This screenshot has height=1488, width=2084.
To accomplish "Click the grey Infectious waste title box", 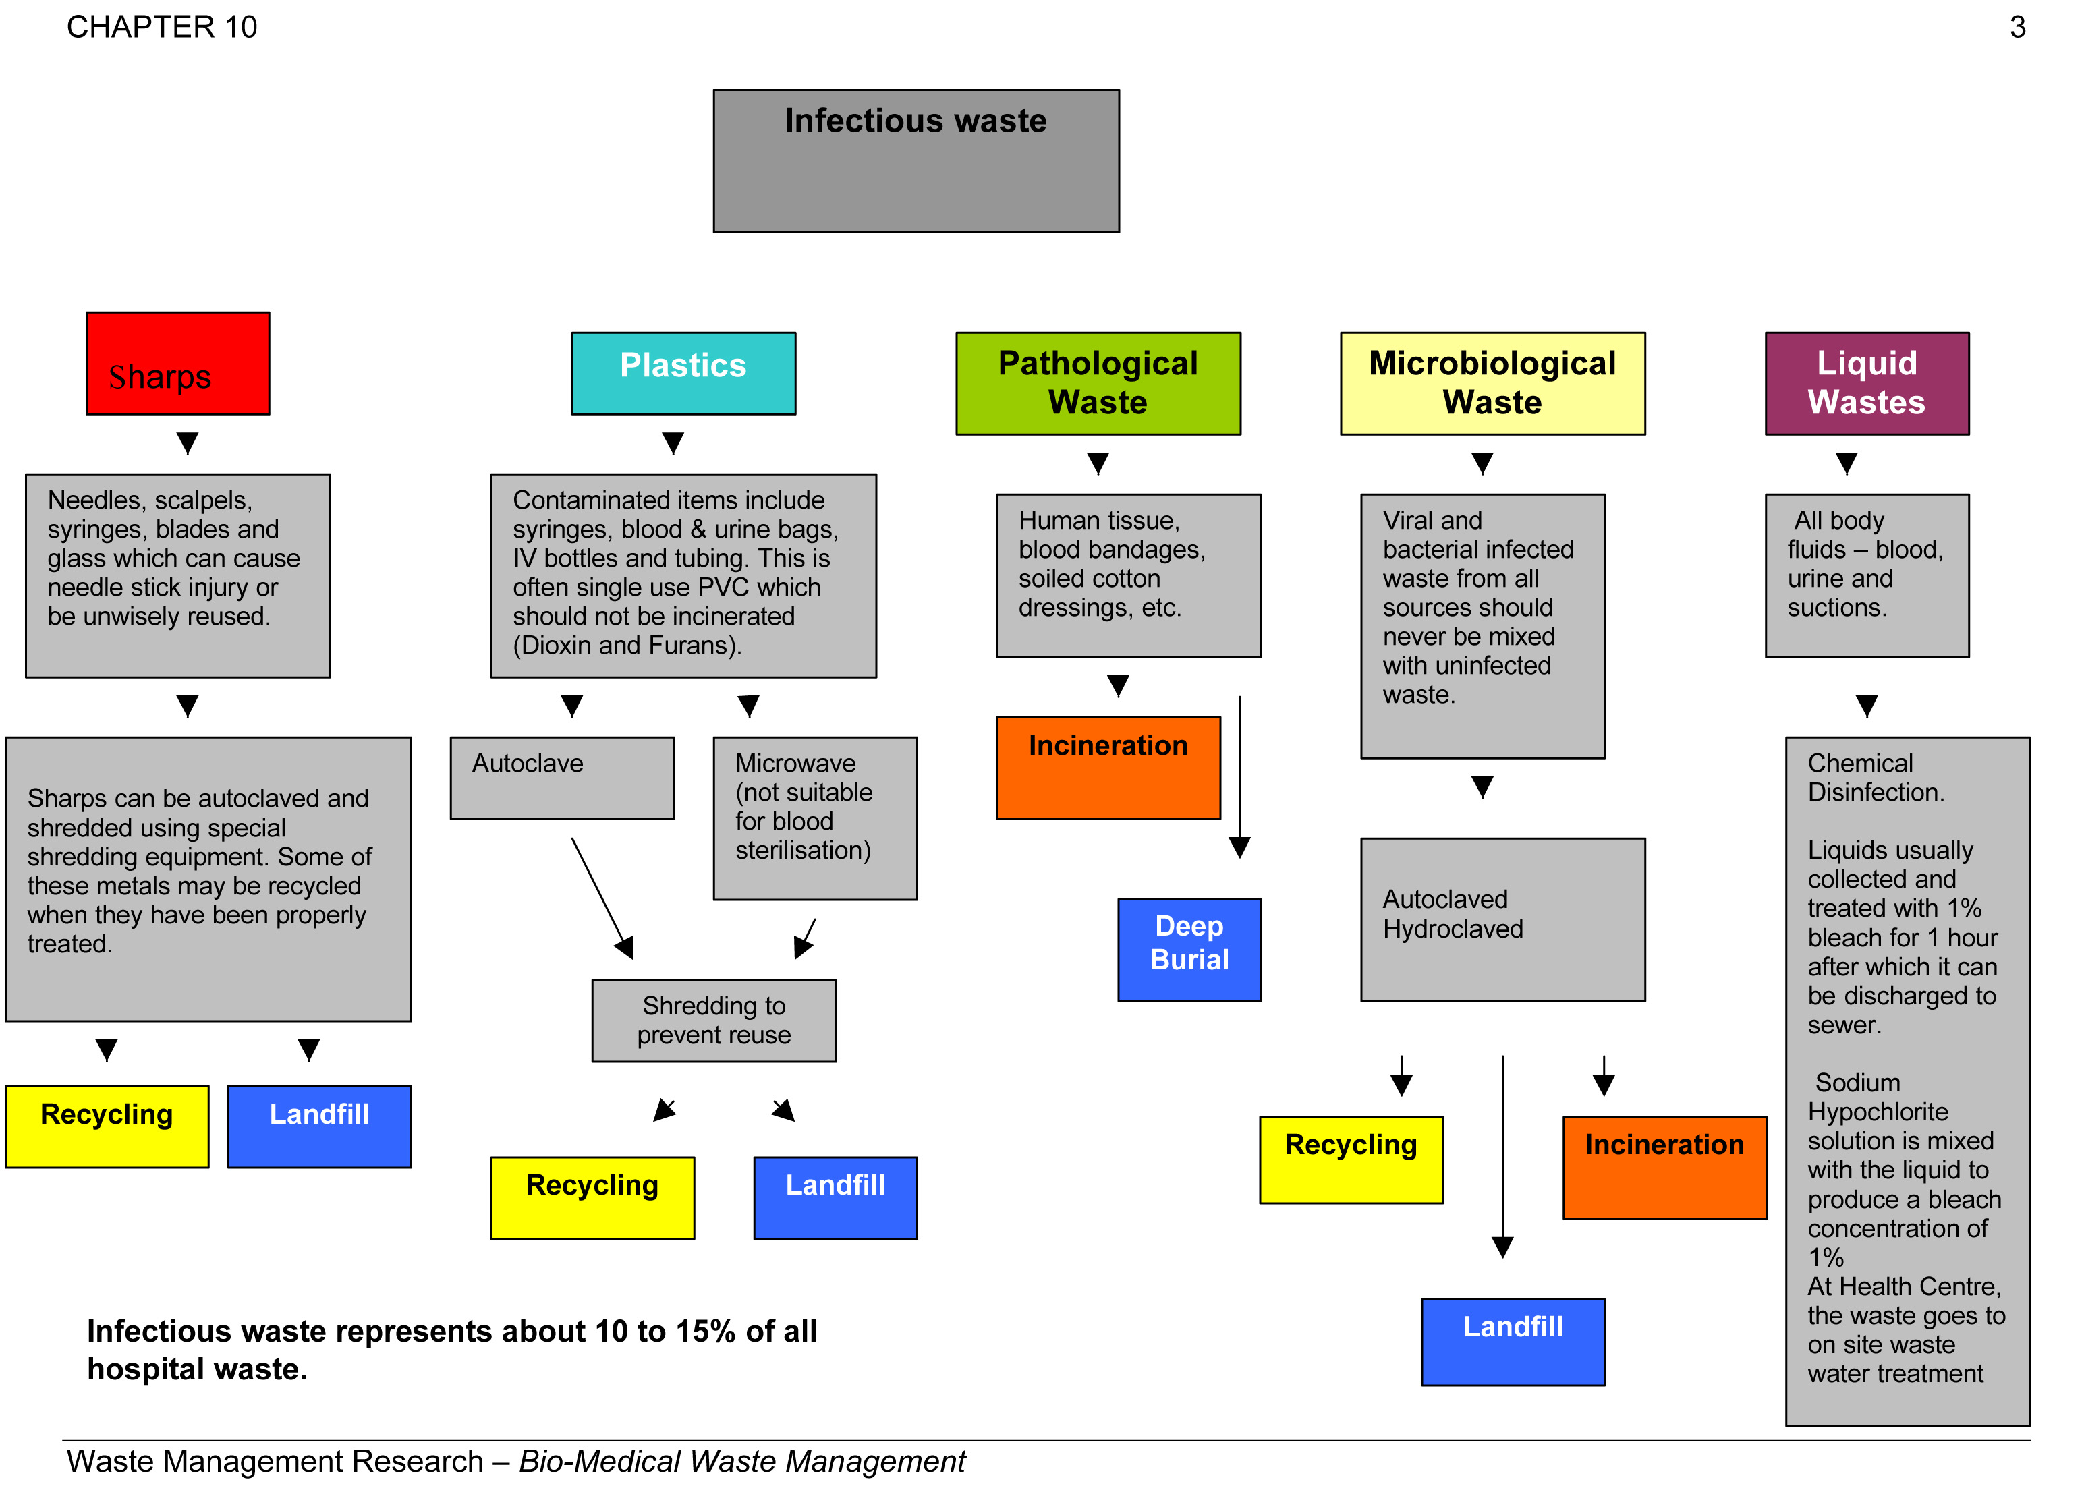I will point(916,161).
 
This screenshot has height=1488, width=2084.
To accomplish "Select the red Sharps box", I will point(178,364).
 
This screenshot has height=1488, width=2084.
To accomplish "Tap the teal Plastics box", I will point(683,373).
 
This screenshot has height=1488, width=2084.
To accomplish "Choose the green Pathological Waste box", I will point(1097,383).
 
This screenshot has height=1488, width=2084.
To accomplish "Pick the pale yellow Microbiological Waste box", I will point(1492,383).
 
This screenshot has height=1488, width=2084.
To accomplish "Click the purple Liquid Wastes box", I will point(1866,383).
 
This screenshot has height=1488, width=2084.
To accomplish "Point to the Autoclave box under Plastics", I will point(562,777).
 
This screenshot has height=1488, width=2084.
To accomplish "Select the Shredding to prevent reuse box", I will point(713,1020).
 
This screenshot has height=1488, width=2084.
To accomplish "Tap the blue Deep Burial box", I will point(1189,948).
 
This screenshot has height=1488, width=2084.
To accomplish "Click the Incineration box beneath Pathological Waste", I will point(1108,767).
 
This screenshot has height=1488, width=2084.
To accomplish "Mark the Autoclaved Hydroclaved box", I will point(1502,919).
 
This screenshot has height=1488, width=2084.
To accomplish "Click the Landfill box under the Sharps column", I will point(319,1126).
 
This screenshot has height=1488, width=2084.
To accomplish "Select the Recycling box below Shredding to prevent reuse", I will point(592,1197).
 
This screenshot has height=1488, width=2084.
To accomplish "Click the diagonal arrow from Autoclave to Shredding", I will point(601,896).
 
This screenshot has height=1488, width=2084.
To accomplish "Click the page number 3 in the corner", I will point(2017,28).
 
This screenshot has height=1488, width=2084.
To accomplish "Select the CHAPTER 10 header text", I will point(161,28).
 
